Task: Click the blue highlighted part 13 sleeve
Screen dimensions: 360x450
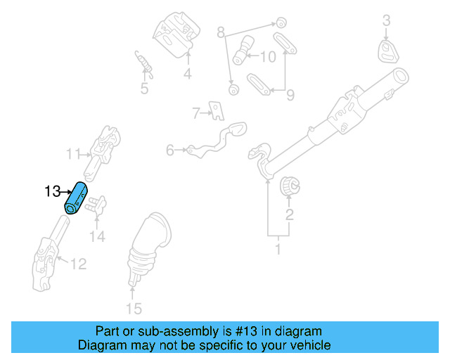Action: pos(76,198)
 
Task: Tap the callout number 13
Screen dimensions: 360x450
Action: pos(52,191)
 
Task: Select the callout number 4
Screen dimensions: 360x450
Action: pos(188,74)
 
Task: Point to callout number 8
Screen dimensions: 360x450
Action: pos(220,32)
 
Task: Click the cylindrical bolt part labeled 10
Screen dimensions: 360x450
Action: pos(243,51)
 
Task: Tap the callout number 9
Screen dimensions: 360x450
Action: pos(289,94)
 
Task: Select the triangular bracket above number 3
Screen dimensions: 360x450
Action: pos(387,51)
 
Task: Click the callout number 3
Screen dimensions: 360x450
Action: pos(386,22)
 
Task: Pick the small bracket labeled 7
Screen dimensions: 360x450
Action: pos(218,110)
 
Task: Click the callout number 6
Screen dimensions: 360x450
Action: pos(170,150)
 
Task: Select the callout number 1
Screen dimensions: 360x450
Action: pos(277,248)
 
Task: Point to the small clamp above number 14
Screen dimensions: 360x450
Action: pos(98,206)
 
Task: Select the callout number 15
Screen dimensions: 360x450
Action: pos(133,308)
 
